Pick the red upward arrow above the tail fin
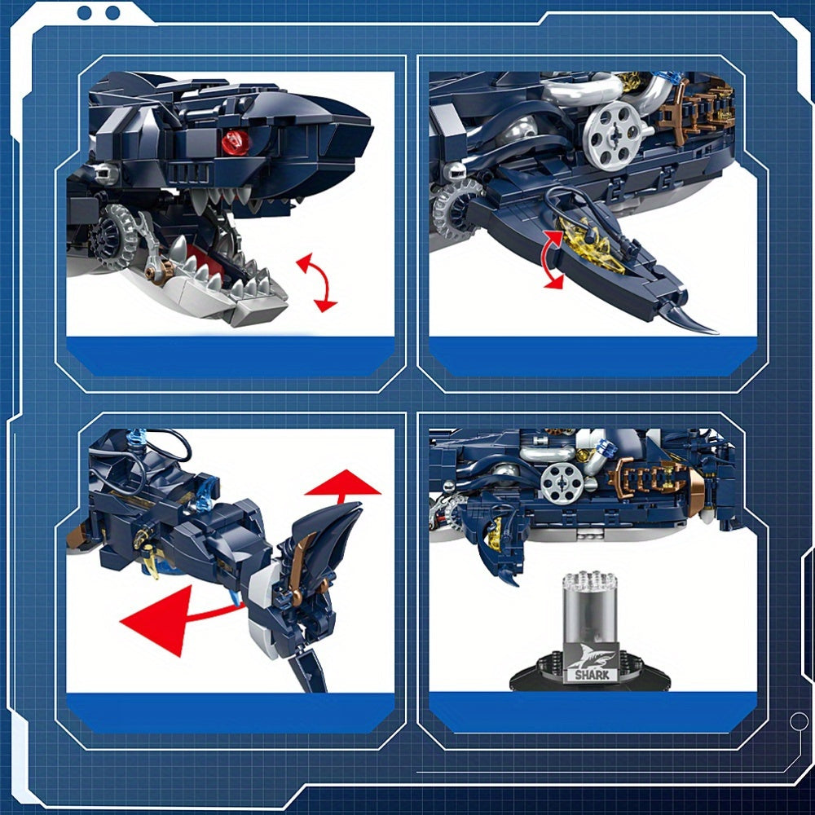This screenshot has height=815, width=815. point(342,485)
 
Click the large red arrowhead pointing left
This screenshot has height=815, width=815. point(156,620)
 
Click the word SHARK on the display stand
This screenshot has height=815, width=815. point(592,675)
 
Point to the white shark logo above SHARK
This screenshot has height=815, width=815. point(590,656)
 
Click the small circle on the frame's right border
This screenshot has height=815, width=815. point(799,721)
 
